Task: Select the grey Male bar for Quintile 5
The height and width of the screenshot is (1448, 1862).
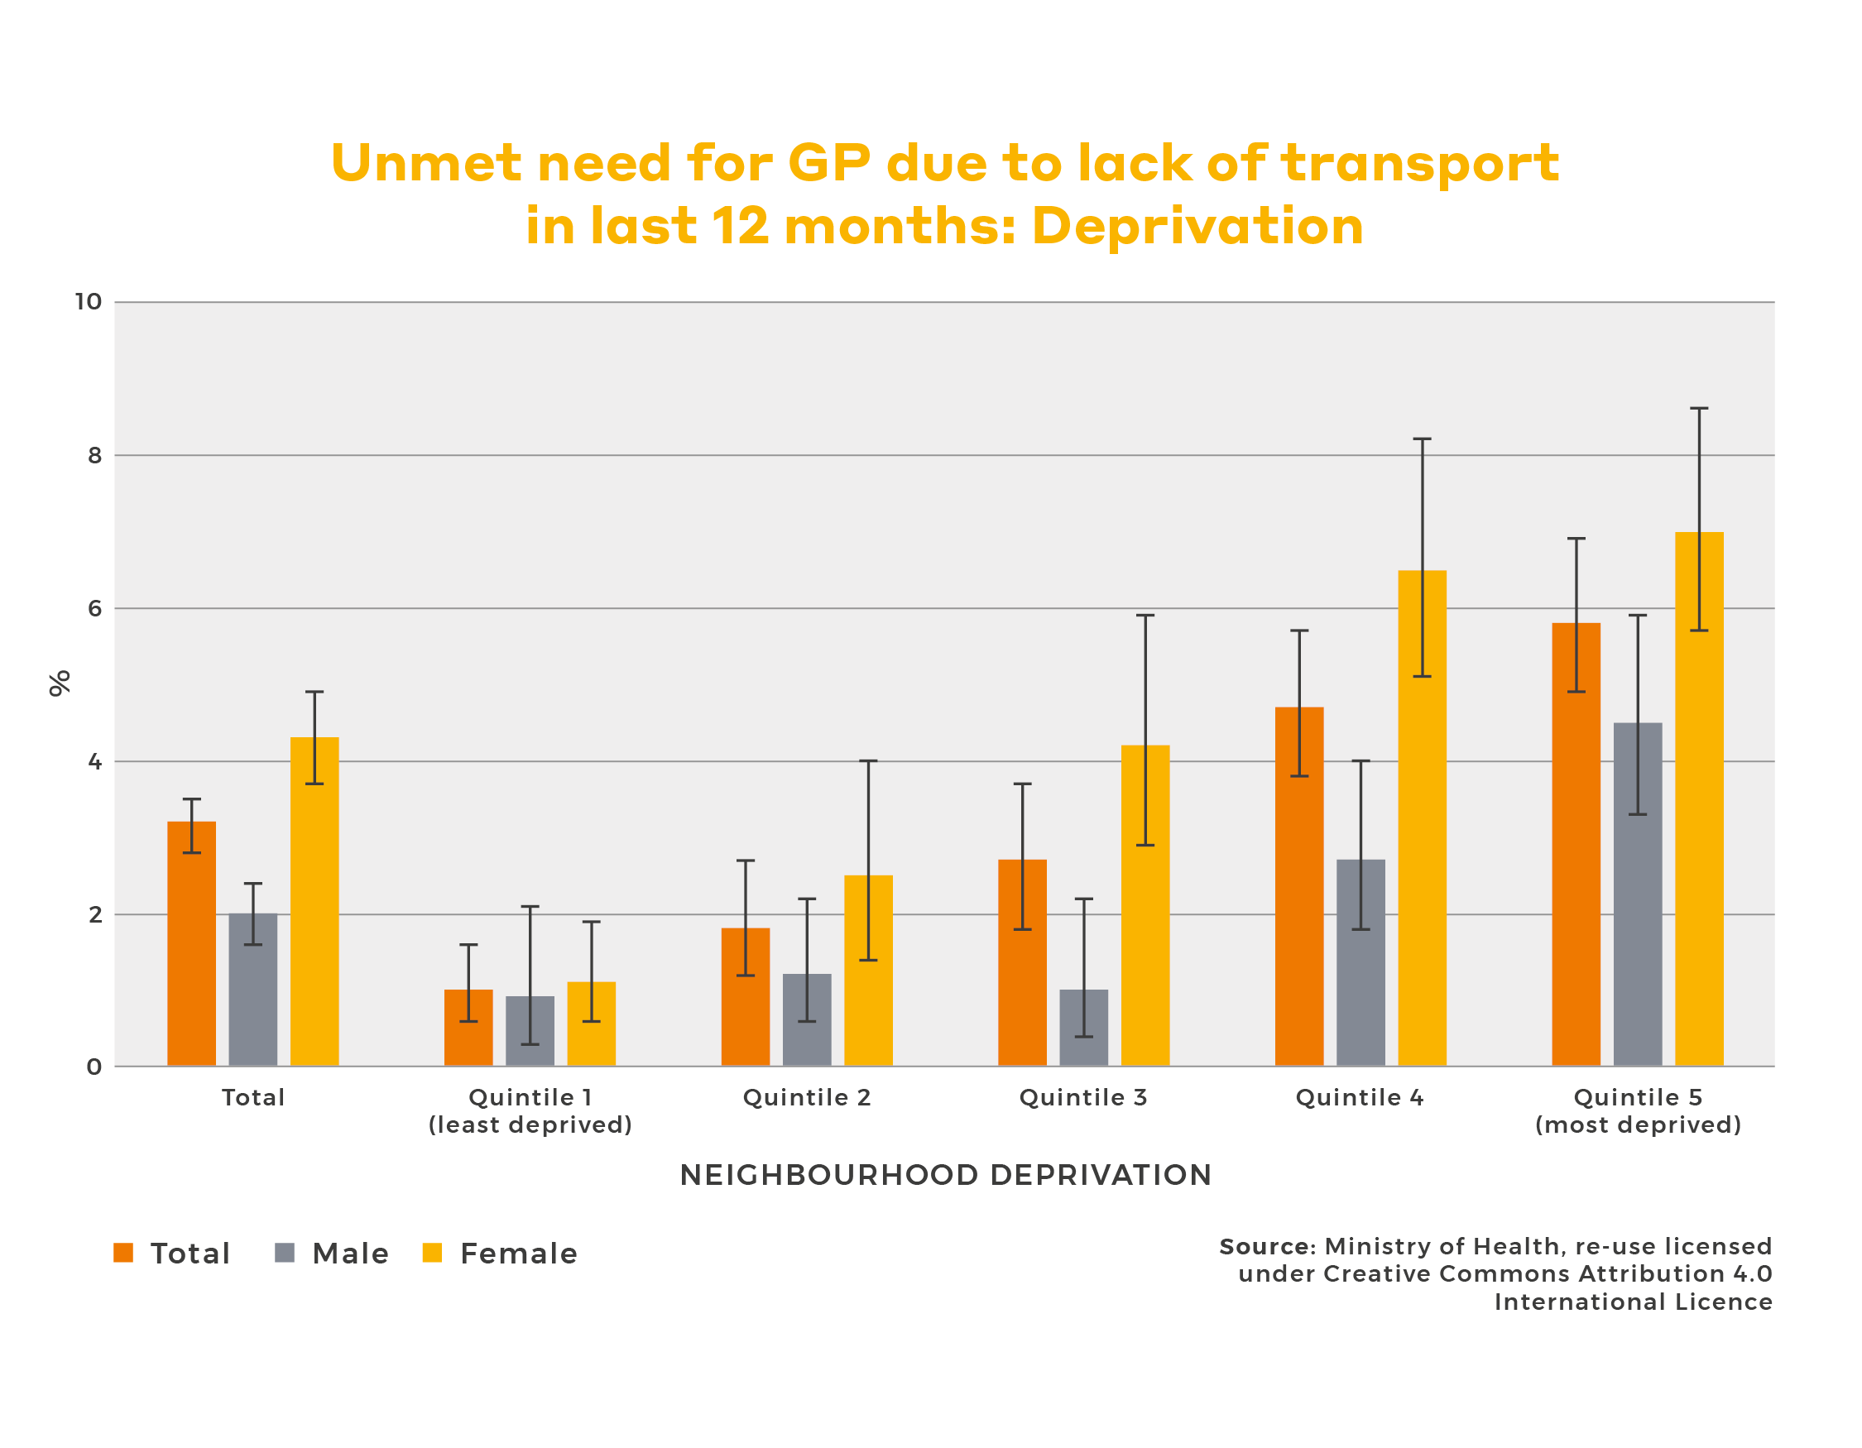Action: point(1638,895)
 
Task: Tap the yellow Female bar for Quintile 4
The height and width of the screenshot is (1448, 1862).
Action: point(1422,818)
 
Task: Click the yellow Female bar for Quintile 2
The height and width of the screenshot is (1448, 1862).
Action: point(868,971)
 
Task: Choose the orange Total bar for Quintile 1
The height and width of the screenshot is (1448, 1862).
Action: point(468,1028)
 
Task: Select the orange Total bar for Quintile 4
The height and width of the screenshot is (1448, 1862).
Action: point(1299,886)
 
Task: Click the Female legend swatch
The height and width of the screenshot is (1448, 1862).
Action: point(432,1253)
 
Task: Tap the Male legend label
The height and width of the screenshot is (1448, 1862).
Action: point(350,1254)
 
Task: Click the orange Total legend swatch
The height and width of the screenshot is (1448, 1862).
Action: point(123,1253)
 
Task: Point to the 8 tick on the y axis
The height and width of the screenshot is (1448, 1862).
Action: point(94,455)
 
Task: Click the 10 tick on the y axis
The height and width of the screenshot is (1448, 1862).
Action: point(89,302)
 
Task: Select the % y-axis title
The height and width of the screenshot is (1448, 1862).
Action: point(59,683)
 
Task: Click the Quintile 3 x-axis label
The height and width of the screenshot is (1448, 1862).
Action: point(1082,1098)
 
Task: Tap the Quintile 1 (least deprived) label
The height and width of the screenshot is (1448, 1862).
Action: point(530,1111)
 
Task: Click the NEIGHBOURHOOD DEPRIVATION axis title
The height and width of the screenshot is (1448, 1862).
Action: point(946,1175)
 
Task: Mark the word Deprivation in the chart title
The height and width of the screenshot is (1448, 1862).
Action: point(1197,227)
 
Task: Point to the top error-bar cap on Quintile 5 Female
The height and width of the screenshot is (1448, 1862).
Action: point(1699,409)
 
